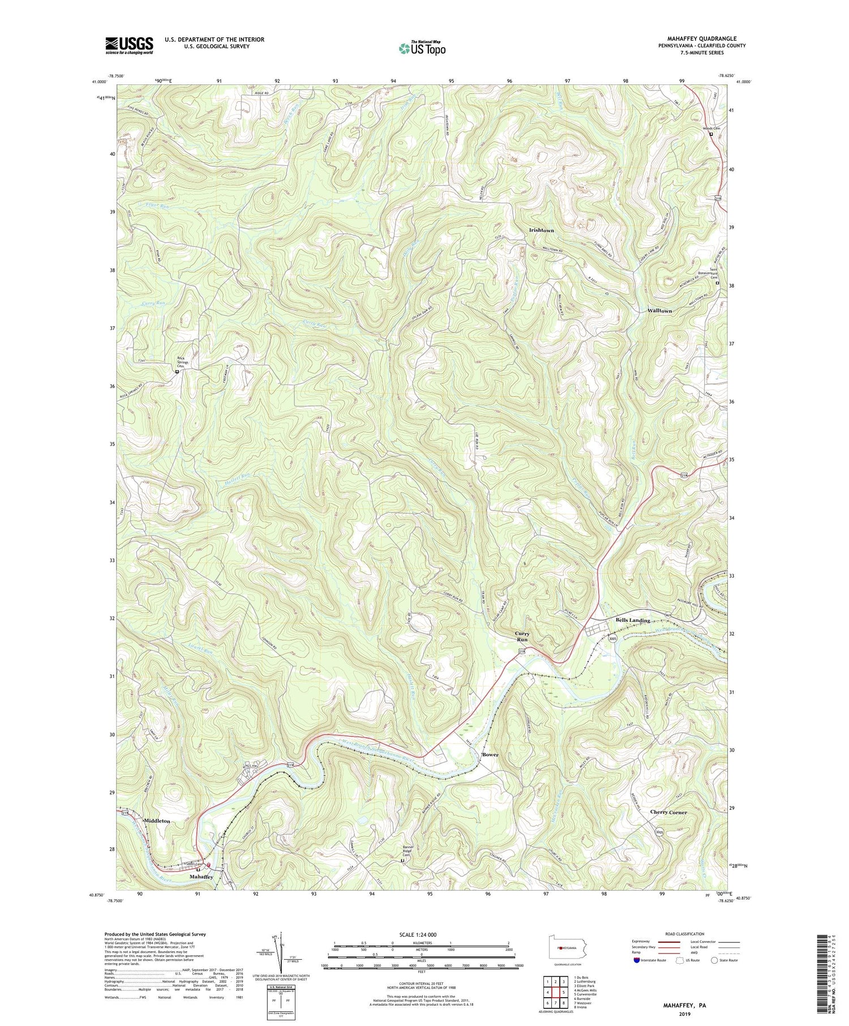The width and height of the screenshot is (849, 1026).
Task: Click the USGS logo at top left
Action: coord(128,45)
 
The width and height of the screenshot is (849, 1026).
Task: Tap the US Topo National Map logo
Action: coord(422,49)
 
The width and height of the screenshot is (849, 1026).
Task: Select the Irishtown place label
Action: coord(541,231)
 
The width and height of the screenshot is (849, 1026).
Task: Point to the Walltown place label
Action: coord(659,311)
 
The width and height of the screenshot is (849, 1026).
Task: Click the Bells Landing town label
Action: coord(633,620)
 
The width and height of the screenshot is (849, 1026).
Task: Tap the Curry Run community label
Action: coord(522,637)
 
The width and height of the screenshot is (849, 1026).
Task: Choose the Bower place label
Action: coord(491,755)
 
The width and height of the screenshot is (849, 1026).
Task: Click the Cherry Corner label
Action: coord(668,812)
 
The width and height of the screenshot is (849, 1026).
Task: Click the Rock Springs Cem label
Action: coord(181,362)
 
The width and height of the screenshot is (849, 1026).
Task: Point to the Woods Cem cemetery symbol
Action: coord(711,135)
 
